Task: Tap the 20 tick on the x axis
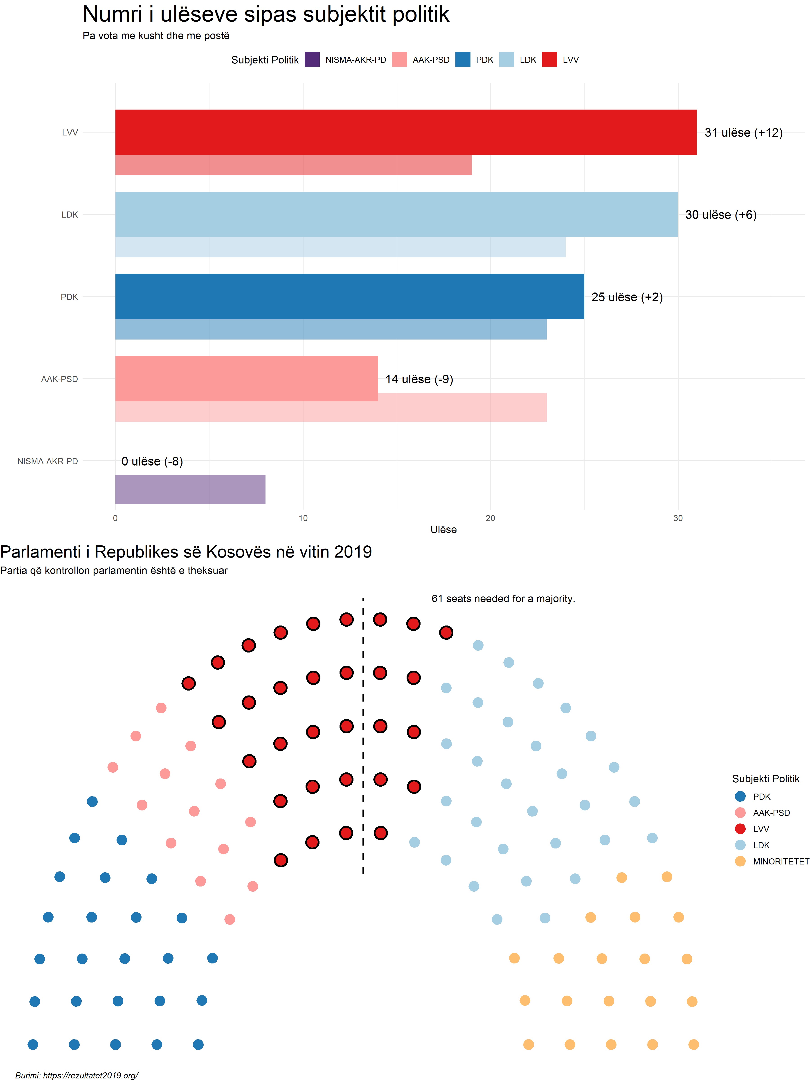[490, 518]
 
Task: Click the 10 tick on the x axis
[303, 518]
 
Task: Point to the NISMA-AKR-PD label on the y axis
[47, 461]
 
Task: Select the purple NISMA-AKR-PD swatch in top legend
[312, 60]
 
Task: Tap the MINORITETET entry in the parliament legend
[781, 861]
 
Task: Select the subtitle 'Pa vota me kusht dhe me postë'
[156, 36]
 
